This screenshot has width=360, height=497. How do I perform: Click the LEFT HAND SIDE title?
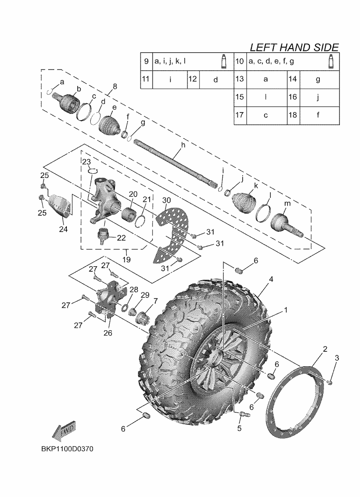coord(294,47)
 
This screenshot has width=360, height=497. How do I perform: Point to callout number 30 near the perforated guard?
coord(166,200)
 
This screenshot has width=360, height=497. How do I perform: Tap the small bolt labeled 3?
coord(331,383)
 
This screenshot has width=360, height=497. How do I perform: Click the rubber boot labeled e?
coord(112,123)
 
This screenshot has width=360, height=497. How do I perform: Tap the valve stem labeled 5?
coord(242,413)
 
